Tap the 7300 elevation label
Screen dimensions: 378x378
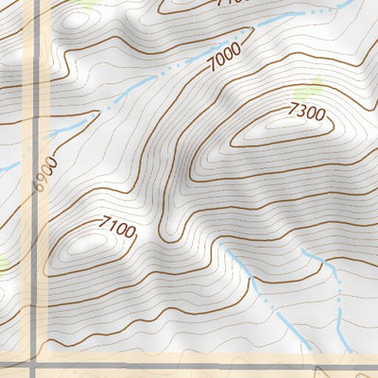(307, 113)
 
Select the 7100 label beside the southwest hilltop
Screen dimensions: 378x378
(116, 228)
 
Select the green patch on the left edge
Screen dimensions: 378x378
(3, 262)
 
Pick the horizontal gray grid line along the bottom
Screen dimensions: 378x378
(189, 366)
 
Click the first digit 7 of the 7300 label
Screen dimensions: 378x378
(293, 111)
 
